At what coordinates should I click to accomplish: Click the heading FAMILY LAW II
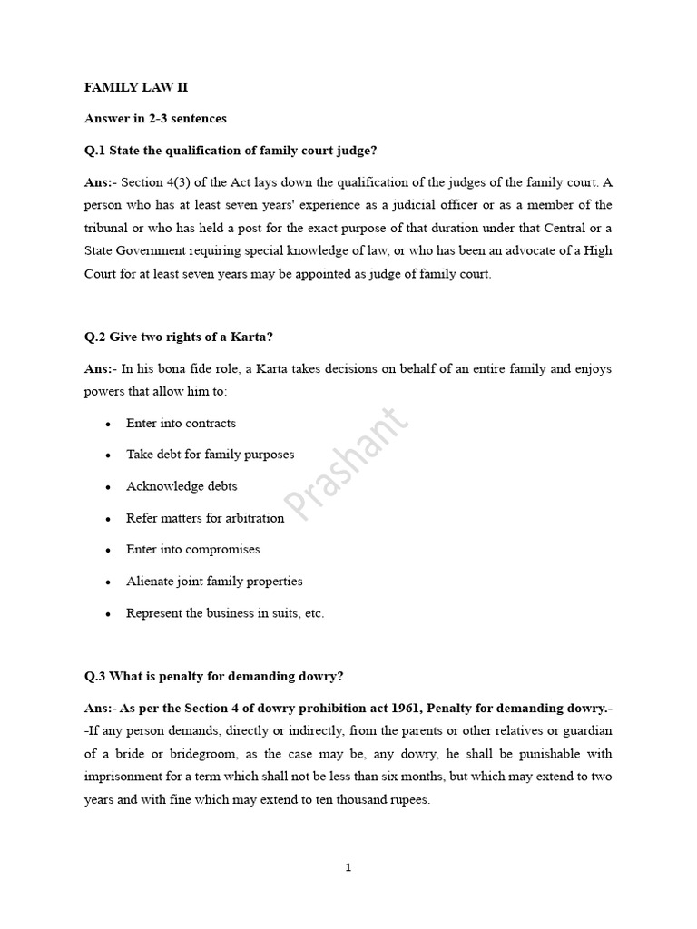coord(135,88)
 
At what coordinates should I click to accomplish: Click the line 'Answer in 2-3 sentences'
coord(155,119)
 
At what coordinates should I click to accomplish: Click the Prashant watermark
coord(348,464)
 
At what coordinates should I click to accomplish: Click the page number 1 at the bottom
coord(348,867)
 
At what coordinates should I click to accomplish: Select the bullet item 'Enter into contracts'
coord(181,424)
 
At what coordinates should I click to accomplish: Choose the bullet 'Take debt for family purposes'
coord(210,455)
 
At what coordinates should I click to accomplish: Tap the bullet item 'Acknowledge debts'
coord(182,486)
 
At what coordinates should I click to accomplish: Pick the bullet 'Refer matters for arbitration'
coord(205,518)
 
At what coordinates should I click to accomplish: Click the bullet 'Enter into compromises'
coord(193,550)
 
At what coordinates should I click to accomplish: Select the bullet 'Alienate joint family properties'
coord(214,582)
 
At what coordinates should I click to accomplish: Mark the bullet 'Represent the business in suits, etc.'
coord(225,613)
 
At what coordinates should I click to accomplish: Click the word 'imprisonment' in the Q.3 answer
coord(125,777)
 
